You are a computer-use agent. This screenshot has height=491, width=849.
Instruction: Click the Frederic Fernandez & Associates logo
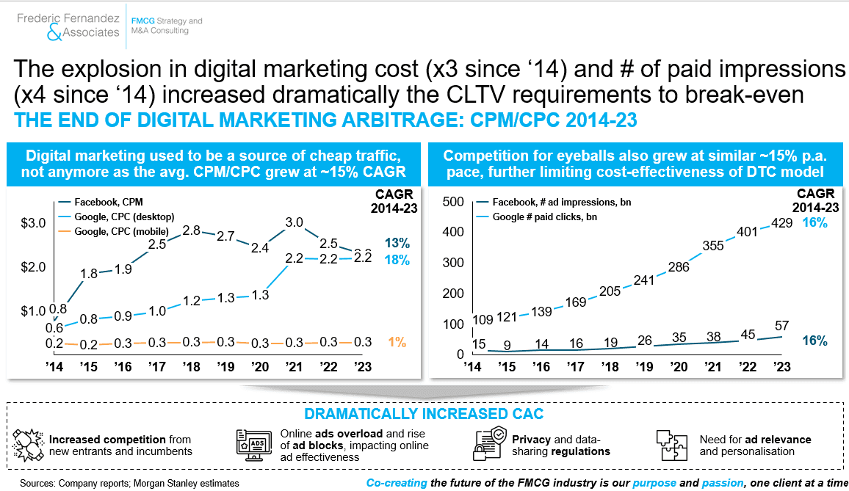point(68,26)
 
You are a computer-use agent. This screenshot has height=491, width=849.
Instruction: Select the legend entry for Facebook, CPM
point(101,202)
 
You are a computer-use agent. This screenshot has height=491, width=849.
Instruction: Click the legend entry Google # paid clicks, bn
point(536,217)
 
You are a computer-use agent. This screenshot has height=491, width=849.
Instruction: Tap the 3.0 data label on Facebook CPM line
point(294,222)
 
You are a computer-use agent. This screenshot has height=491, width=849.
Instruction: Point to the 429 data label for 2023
point(781,223)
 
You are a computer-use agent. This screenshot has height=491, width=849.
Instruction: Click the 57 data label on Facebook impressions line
point(781,325)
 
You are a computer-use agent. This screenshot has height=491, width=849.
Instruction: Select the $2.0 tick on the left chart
point(33,267)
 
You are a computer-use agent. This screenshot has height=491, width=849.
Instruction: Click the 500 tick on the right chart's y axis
point(453,201)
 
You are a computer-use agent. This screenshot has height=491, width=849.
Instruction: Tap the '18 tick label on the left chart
point(191,366)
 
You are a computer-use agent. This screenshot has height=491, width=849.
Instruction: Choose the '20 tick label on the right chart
point(679,366)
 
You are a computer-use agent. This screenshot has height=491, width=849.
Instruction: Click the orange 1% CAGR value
point(397,342)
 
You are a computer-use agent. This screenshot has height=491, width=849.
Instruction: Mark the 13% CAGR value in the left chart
point(397,243)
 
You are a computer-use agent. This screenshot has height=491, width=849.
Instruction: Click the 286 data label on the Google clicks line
point(679,267)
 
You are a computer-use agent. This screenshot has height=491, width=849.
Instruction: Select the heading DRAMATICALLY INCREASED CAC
point(424,414)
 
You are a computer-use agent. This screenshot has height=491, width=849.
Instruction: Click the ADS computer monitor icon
point(254,445)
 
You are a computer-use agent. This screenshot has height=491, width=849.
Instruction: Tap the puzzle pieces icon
point(671,445)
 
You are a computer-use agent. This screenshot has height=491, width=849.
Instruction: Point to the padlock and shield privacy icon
point(490,443)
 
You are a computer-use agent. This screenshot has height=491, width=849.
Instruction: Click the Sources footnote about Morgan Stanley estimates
point(129,483)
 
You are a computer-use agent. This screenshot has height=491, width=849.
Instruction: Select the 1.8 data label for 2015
point(89,274)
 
